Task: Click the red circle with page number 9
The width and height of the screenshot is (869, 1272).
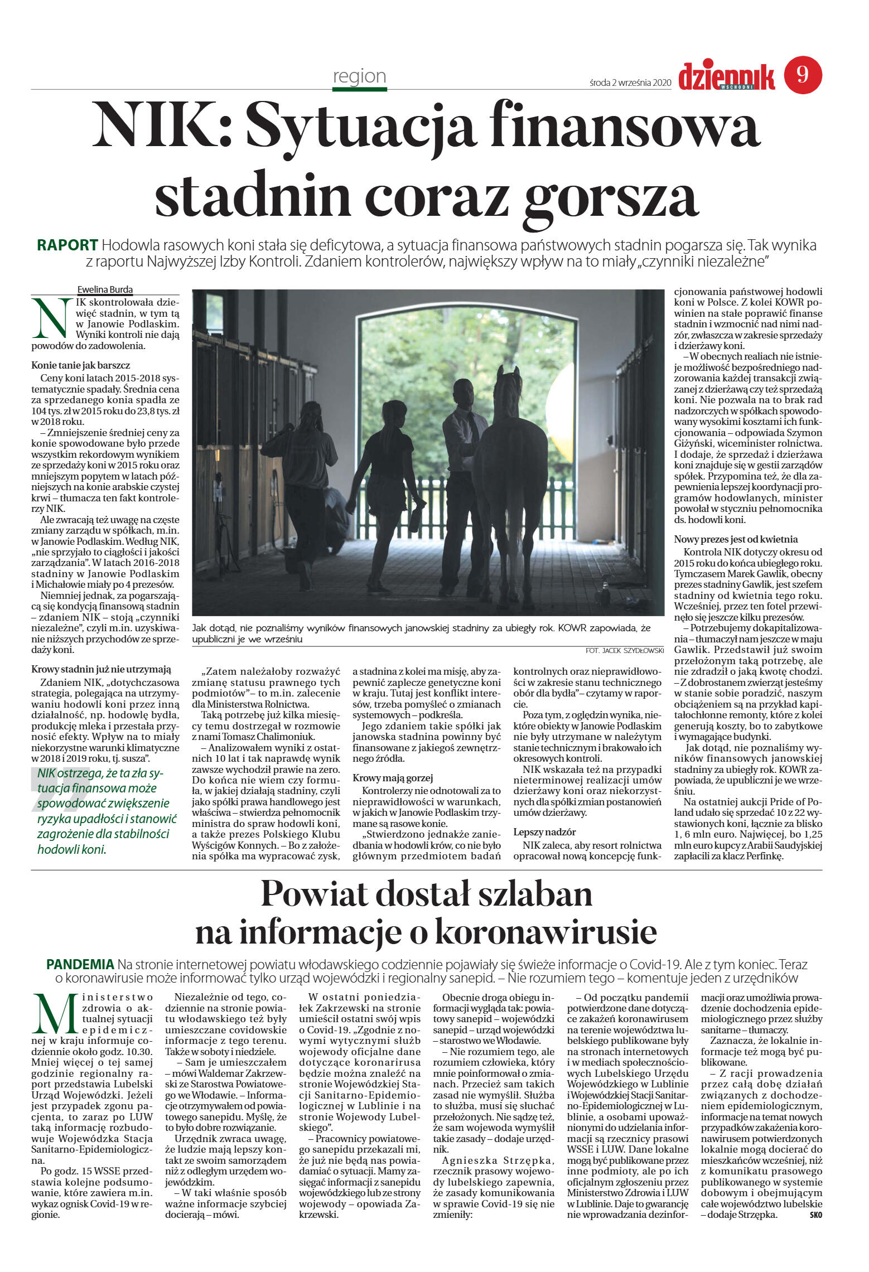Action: point(803,75)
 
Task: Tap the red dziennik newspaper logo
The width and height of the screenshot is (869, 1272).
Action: point(726,76)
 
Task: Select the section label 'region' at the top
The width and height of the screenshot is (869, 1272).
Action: point(359,76)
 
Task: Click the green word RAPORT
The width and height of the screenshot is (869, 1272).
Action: point(67,245)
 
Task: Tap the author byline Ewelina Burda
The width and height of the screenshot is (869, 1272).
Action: point(105,289)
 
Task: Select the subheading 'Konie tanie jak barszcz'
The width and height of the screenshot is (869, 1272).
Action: point(81,365)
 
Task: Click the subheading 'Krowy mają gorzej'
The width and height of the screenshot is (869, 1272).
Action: point(393,778)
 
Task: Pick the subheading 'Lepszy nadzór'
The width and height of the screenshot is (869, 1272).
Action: point(544,832)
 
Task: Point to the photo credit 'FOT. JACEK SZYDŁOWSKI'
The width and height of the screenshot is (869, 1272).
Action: point(625,650)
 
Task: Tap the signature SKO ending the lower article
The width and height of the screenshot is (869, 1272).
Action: point(815,1215)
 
